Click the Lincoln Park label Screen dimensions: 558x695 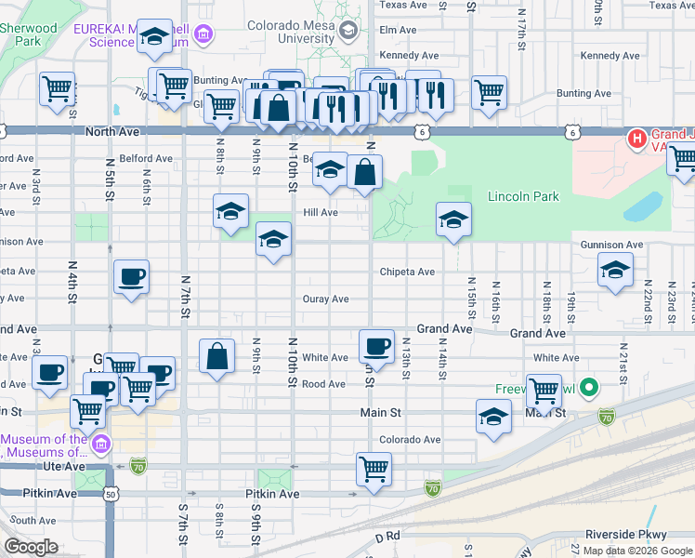coord(523,197)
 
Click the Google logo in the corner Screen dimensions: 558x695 coord(31,547)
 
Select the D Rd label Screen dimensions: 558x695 coord(387,537)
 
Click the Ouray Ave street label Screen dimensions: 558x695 coord(325,299)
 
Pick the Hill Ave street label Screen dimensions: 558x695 coord(320,212)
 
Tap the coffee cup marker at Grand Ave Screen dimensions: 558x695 coord(376,346)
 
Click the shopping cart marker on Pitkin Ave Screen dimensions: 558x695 coord(374,469)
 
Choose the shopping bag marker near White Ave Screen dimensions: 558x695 coord(216,356)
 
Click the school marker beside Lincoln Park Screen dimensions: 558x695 coord(452,220)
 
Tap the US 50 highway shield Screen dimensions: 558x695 coord(110,495)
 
